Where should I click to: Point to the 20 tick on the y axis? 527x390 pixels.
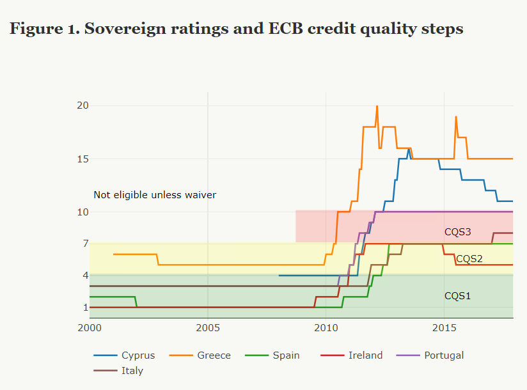[83, 105]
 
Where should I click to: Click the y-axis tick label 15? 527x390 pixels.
[83, 159]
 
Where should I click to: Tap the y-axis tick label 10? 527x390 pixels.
[83, 212]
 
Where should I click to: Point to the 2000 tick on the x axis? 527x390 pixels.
[90, 328]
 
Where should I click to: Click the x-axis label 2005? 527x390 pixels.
[208, 328]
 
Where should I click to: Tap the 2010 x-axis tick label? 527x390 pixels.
[326, 328]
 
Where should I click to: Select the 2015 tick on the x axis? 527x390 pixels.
[444, 328]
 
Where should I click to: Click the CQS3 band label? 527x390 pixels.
[457, 232]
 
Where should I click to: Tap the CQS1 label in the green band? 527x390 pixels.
[457, 296]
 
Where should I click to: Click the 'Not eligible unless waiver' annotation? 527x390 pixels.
[155, 195]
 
